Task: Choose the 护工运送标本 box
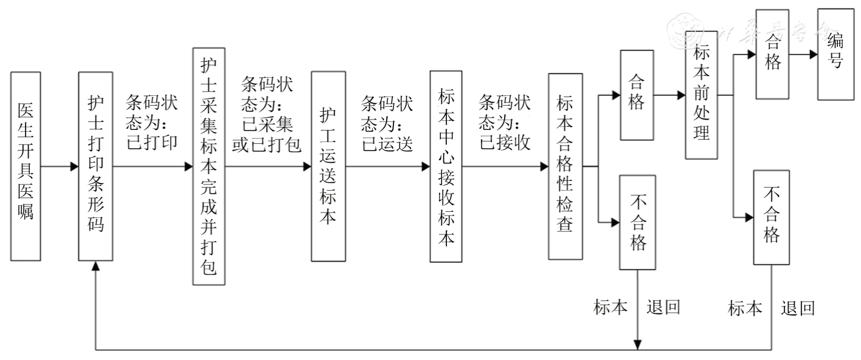point(328,166)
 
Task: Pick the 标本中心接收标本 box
point(446,166)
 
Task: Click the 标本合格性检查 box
point(565,166)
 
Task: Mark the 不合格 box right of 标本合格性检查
point(636,222)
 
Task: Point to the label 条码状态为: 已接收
point(505,121)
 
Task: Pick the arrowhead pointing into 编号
point(812,53)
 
